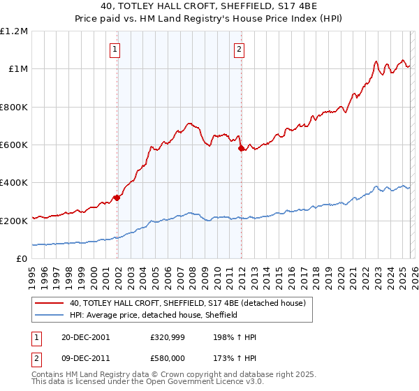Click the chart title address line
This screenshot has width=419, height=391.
point(209,6)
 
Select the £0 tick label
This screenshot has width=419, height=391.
point(21,259)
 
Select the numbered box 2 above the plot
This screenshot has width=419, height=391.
point(239,49)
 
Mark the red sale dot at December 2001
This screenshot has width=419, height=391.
point(117,198)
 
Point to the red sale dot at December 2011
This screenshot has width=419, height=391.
point(240,148)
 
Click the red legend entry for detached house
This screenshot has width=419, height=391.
point(187,303)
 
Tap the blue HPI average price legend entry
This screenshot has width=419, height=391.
point(154,315)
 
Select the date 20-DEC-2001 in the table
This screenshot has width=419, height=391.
point(85,337)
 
